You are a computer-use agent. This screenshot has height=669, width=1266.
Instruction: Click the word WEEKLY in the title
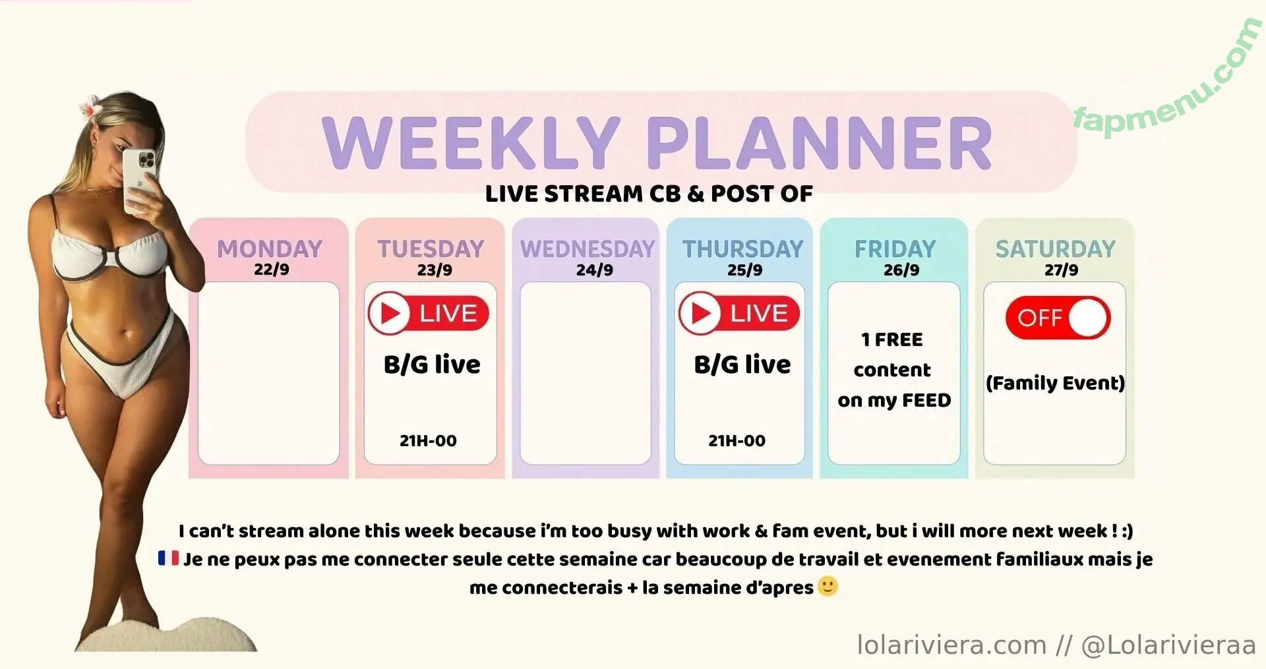pos(471,142)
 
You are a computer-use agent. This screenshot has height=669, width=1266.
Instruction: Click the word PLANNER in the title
pos(819,142)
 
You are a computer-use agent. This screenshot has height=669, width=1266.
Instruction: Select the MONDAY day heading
pos(270,248)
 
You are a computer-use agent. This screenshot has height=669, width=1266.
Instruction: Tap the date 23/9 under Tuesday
pos(435,270)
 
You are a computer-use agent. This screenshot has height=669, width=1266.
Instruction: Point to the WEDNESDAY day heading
pos(588,248)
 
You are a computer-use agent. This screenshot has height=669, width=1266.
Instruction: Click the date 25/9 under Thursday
pos(744,270)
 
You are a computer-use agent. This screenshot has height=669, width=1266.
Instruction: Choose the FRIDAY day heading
pos(895,248)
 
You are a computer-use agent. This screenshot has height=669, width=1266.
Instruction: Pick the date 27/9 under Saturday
pos(1061,270)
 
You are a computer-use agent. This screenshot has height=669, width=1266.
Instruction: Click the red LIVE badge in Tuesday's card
pos(429,313)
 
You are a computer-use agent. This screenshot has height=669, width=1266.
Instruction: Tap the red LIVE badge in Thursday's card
pos(739,313)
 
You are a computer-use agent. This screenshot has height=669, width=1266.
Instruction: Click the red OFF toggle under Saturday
pos(1058,318)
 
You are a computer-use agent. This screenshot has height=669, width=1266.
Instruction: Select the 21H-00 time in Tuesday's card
pos(428,440)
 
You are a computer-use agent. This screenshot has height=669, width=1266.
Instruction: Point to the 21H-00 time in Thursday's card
pos(737,440)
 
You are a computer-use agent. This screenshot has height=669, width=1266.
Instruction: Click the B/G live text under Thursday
pos(742,364)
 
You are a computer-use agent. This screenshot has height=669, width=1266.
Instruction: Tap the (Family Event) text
pos(1055,383)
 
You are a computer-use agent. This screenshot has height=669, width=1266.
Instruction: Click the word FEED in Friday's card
pos(926,400)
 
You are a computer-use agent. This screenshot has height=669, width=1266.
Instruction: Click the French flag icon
pos(168,558)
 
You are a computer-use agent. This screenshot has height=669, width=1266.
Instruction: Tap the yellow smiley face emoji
pos(828,586)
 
